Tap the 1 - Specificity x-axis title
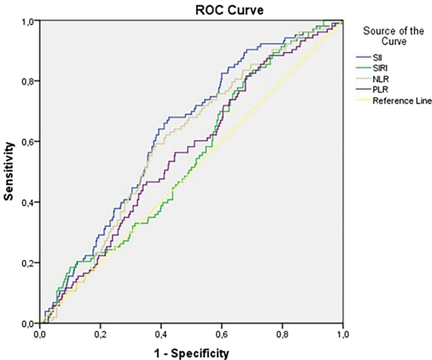click(191, 350)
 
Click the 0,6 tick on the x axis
click(222, 333)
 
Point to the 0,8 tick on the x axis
click(283, 333)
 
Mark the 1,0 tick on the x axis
click(343, 333)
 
